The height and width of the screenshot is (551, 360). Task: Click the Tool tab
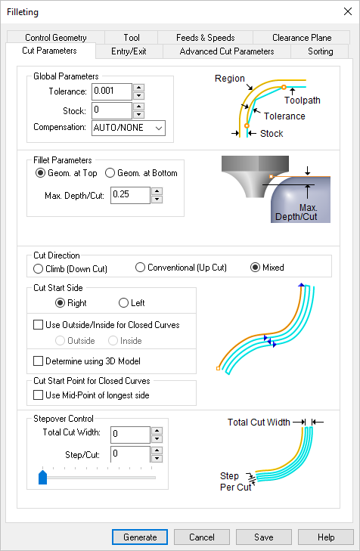click(x=132, y=37)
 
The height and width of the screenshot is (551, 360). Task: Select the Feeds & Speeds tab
click(x=205, y=37)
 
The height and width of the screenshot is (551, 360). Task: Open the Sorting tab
click(x=321, y=51)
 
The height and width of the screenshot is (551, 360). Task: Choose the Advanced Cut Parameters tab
click(x=227, y=51)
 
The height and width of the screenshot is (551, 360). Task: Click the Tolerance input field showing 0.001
click(x=111, y=91)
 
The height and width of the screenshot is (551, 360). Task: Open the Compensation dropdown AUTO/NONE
click(x=128, y=128)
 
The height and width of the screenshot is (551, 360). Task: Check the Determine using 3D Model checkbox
click(x=39, y=361)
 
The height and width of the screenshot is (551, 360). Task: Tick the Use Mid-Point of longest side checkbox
click(x=39, y=395)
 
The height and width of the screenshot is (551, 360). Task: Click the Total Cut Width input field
click(x=129, y=435)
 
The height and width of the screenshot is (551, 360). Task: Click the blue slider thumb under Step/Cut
click(x=42, y=477)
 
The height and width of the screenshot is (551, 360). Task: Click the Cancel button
click(x=202, y=537)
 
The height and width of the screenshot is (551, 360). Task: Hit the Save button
click(x=264, y=537)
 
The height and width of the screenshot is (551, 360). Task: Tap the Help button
click(x=326, y=537)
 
